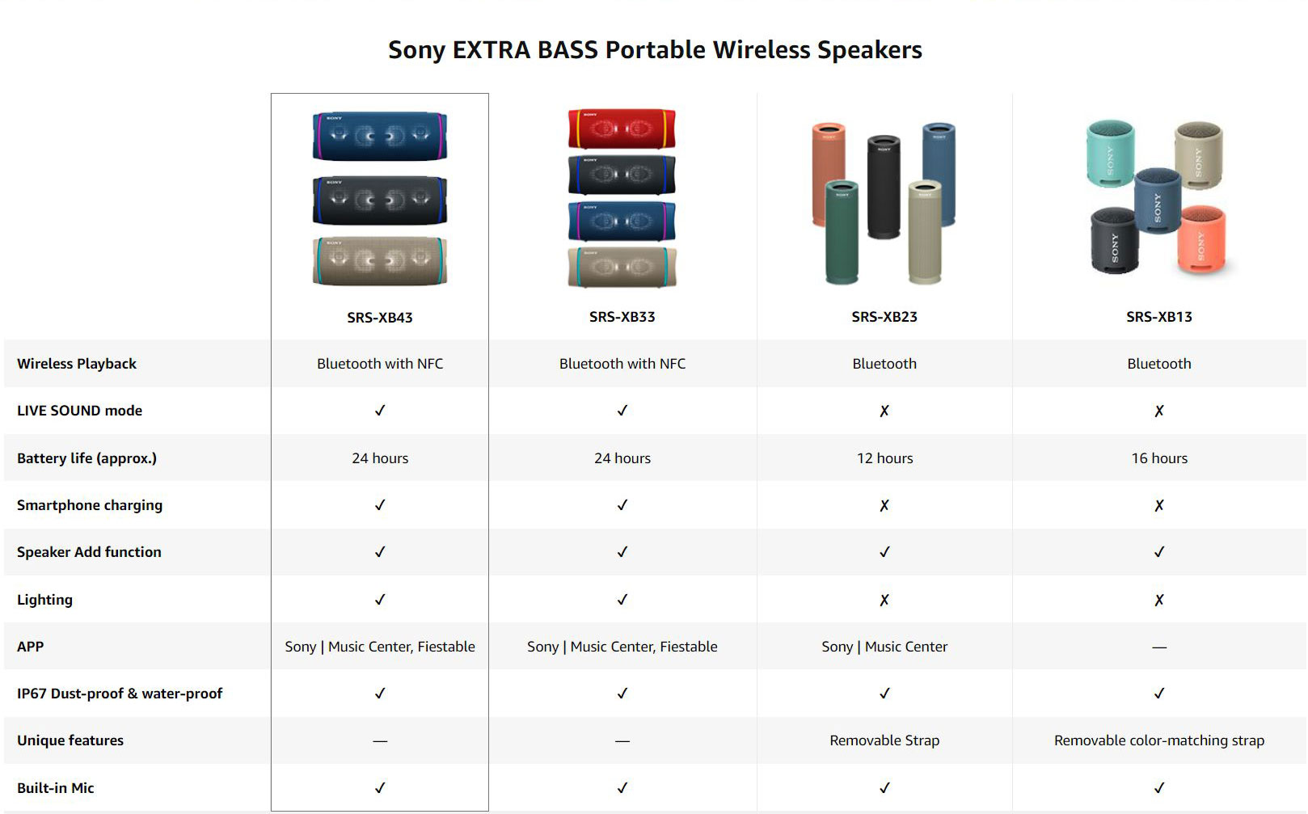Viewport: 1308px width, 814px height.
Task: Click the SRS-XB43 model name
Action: [x=380, y=317]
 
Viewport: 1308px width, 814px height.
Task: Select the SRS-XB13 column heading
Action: [x=1159, y=317]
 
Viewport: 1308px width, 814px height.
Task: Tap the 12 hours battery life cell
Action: [x=884, y=458]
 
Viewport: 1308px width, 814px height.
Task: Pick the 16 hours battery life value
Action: [x=1159, y=458]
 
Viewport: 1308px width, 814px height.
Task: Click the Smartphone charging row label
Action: [x=90, y=505]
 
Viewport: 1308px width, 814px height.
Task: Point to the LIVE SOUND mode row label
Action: [x=79, y=411]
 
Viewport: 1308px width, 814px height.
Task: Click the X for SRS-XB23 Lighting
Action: [x=884, y=600]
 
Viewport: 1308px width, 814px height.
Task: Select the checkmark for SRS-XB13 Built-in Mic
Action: [x=1159, y=787]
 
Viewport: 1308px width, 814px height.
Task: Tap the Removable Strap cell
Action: [x=884, y=740]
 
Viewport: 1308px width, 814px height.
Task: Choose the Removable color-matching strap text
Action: [x=1159, y=740]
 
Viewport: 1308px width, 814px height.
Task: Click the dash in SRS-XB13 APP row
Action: [x=1159, y=647]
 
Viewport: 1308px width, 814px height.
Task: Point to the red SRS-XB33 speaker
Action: [x=622, y=128]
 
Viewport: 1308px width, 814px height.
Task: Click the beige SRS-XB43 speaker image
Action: [x=380, y=261]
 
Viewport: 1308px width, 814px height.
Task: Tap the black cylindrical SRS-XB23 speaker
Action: [x=884, y=187]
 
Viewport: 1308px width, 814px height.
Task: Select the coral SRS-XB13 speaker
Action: [x=1202, y=238]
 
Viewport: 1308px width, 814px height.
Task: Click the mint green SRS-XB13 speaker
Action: [x=1111, y=154]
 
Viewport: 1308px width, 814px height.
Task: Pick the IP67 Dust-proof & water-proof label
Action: [x=120, y=694]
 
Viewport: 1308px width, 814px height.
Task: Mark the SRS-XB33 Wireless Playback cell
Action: [x=622, y=364]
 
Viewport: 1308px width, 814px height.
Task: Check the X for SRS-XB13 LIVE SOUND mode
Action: [x=1159, y=411]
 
